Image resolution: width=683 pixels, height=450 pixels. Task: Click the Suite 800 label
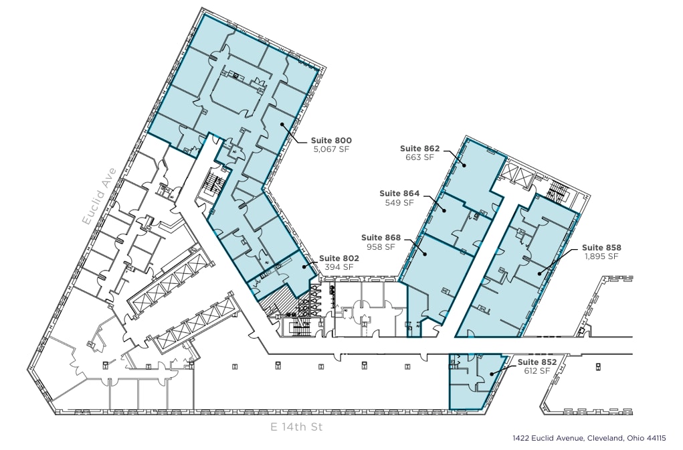pyautogui.click(x=330, y=141)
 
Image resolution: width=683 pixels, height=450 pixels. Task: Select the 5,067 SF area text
pyautogui.click(x=330, y=150)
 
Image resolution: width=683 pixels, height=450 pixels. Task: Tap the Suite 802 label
pyautogui.click(x=339, y=258)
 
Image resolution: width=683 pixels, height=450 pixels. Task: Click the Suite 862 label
pyautogui.click(x=419, y=149)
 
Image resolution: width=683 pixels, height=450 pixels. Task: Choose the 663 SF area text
pyautogui.click(x=419, y=158)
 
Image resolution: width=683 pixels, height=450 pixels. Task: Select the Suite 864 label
pyautogui.click(x=399, y=194)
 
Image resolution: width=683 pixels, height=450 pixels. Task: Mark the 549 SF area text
pyautogui.click(x=399, y=203)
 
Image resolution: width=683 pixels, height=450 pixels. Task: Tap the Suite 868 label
pyautogui.click(x=381, y=238)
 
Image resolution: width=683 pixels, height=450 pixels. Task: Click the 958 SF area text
pyautogui.click(x=381, y=247)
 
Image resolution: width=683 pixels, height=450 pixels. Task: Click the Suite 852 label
pyautogui.click(x=537, y=362)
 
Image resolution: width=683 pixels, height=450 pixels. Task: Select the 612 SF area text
pyautogui.click(x=537, y=371)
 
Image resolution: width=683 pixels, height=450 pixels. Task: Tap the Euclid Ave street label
pyautogui.click(x=99, y=195)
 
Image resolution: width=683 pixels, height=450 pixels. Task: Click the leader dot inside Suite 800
pyautogui.click(x=282, y=124)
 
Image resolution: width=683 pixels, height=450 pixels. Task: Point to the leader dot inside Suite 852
pyautogui.click(x=492, y=374)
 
